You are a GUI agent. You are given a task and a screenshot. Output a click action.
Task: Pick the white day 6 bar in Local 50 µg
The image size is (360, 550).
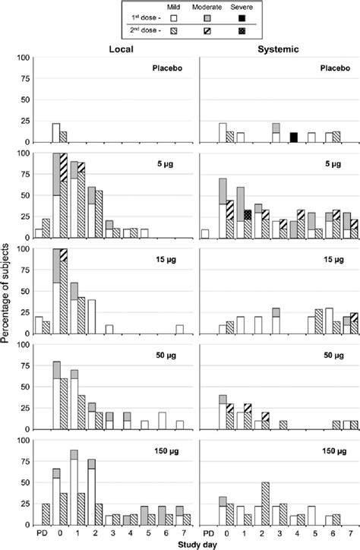point(162,422)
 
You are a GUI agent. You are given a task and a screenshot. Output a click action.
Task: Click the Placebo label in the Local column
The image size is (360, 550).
point(167,69)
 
